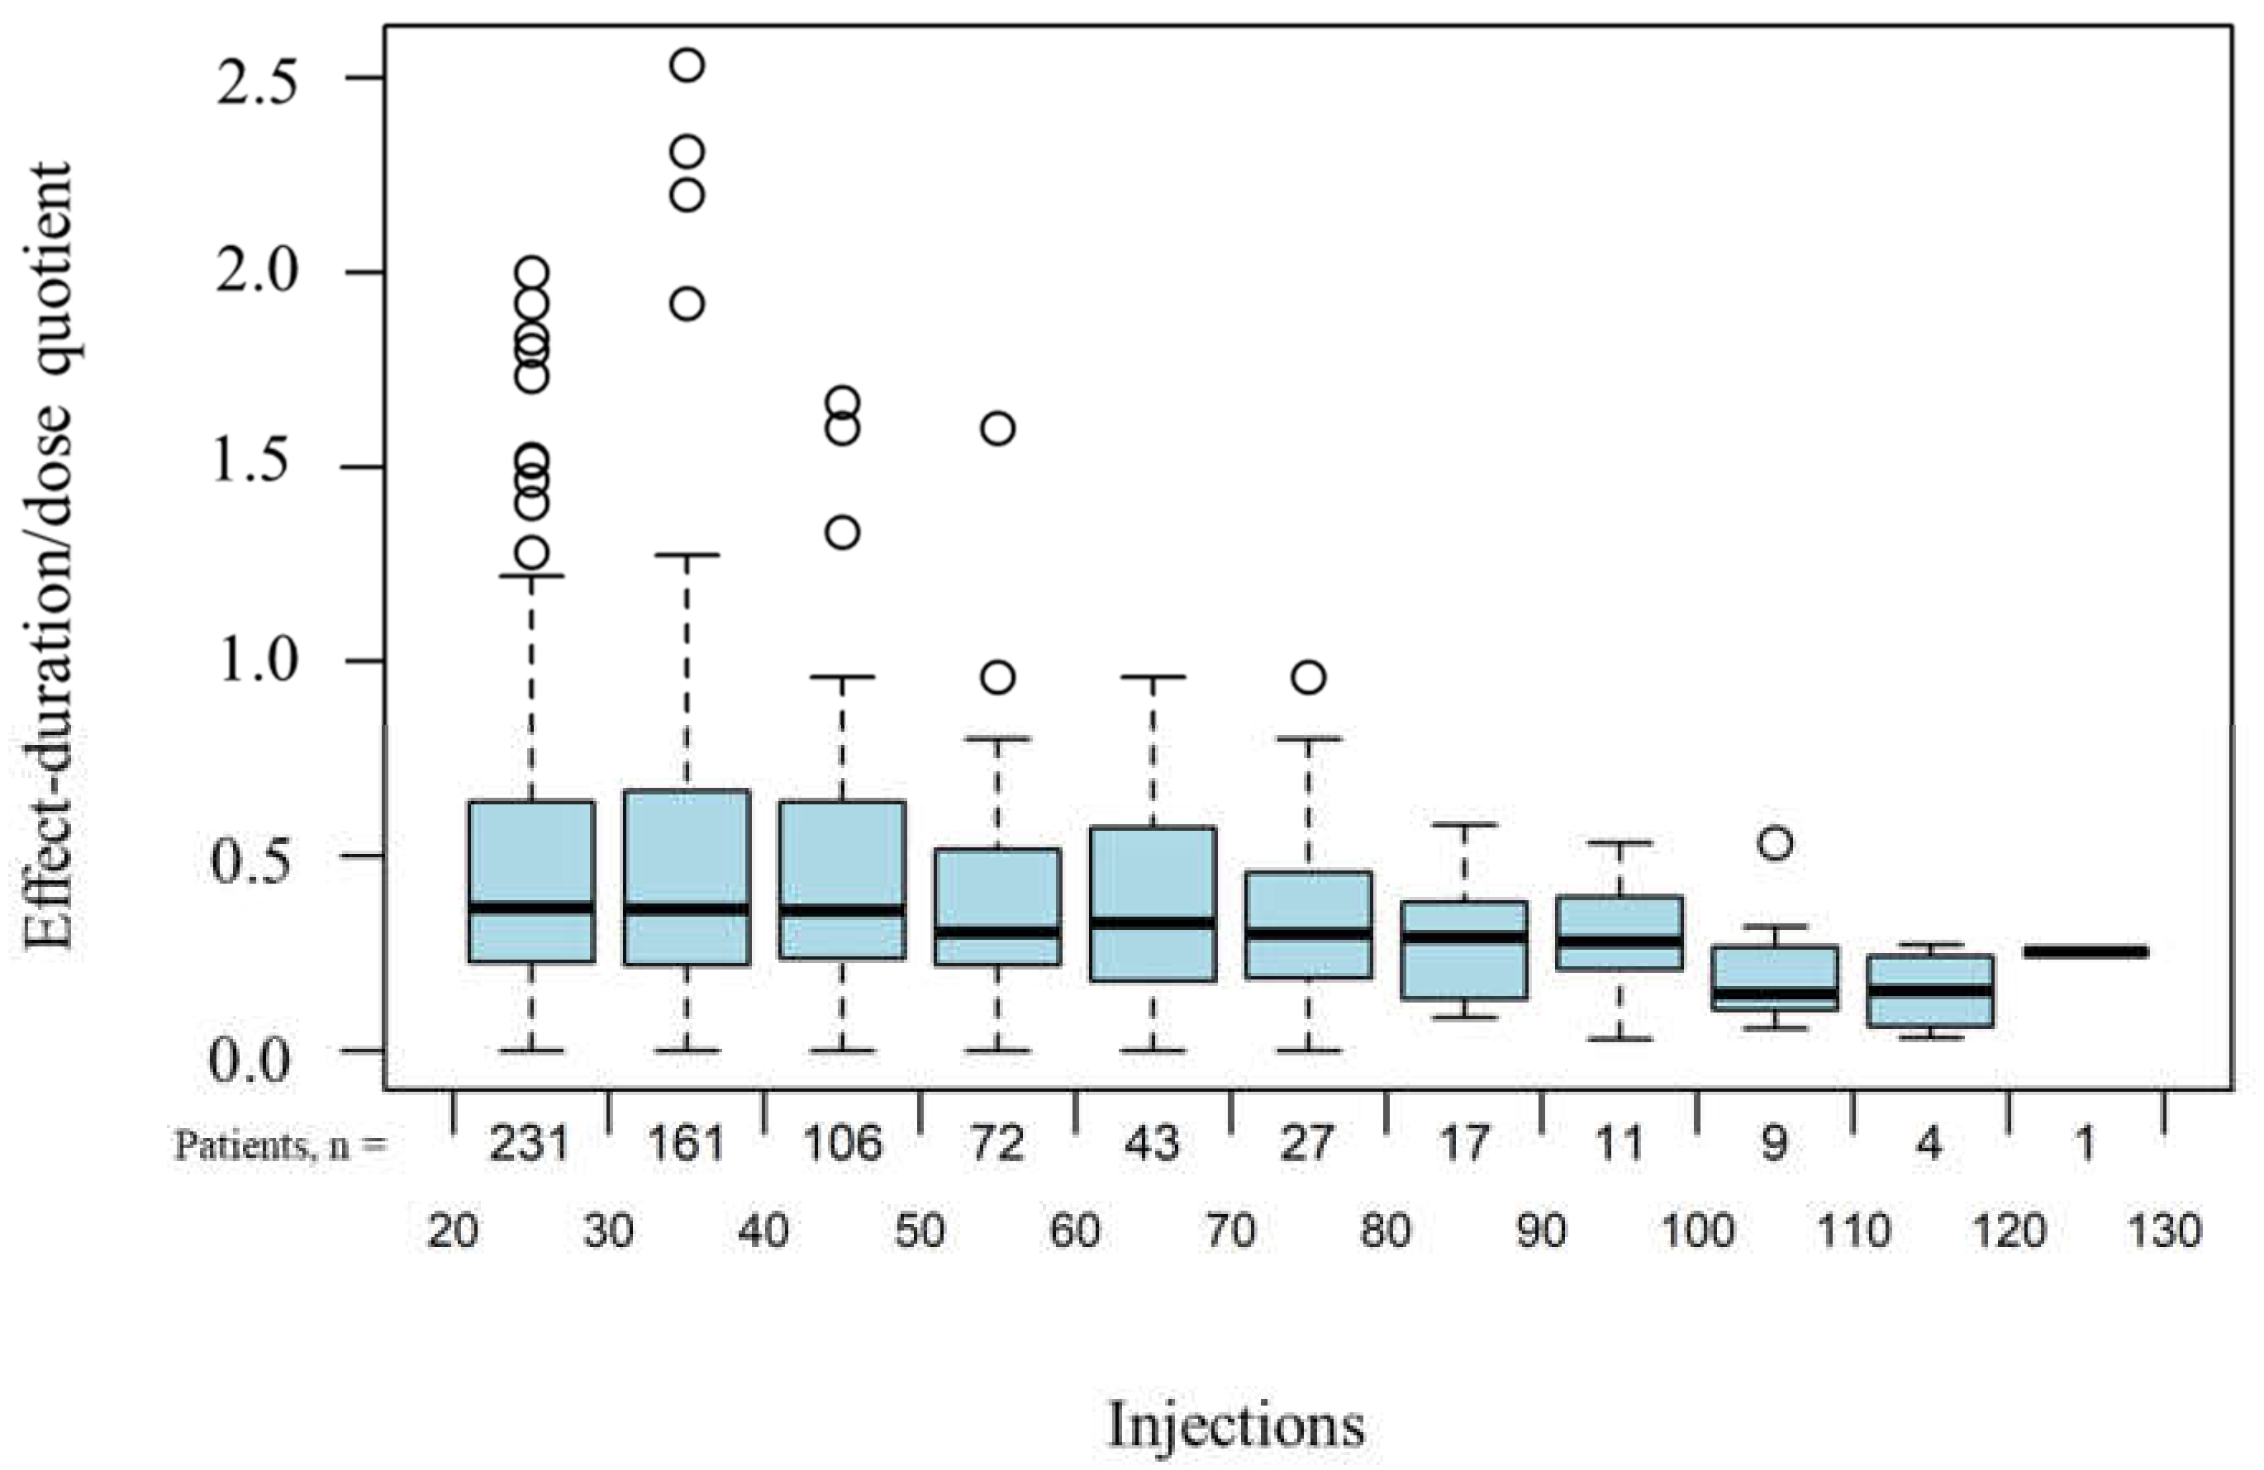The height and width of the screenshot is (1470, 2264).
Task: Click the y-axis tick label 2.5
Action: [x=256, y=83]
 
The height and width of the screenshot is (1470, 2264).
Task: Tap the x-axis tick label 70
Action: [x=1231, y=1231]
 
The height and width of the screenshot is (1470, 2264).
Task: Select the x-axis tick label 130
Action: [x=2163, y=1231]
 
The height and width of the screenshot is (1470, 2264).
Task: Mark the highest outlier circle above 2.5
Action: [x=687, y=65]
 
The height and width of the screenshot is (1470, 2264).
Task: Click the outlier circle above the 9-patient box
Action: [x=1775, y=843]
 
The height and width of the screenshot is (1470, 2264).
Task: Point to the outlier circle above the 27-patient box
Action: [x=1309, y=678]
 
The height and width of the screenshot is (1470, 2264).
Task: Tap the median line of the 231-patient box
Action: [x=530, y=907]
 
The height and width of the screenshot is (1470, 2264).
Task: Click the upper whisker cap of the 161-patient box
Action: [x=686, y=554]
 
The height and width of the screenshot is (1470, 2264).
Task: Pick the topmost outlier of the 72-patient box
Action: [x=998, y=429]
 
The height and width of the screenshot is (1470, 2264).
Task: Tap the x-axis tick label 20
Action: [x=452, y=1231]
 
